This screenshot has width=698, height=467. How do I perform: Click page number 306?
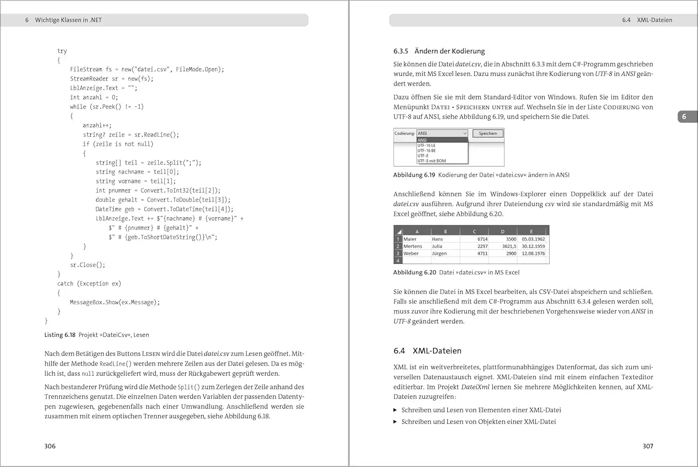pos(50,446)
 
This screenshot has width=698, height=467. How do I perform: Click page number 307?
pos(648,446)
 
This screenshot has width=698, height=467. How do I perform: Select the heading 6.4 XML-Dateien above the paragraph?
pos(427,351)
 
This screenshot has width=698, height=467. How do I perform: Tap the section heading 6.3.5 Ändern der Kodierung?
pos(439,51)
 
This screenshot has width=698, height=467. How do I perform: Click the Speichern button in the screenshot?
pos(488,133)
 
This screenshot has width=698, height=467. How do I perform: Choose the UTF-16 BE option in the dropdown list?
pos(427,151)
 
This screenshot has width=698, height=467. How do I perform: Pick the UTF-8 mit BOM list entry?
pos(431,161)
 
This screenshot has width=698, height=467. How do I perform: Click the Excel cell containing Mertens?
pos(413,247)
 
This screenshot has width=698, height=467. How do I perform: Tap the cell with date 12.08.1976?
pos(533,254)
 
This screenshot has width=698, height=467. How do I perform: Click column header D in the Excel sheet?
pos(503,231)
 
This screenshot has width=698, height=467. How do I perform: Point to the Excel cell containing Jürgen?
pos(439,254)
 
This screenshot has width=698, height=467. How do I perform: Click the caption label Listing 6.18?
pos(60,335)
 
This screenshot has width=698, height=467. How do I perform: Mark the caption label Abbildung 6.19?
pos(414,175)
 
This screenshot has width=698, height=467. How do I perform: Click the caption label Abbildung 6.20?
pos(414,273)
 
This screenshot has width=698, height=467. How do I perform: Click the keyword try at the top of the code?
pos(62,51)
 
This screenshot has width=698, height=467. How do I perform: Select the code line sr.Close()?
pos(87,265)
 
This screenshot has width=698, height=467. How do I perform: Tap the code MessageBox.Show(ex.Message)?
pos(114,302)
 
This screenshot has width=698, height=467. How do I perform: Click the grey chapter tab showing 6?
pos(684,117)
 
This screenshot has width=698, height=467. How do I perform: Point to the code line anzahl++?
pos(97,126)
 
